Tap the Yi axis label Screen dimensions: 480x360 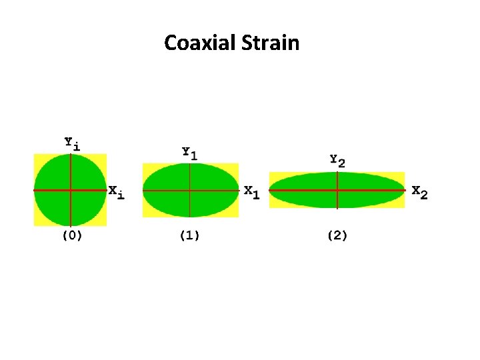71,143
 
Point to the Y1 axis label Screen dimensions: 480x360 190,153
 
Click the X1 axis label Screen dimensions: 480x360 252,191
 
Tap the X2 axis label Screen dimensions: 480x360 419,192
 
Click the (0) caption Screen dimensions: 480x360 72,235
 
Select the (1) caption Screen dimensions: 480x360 190,235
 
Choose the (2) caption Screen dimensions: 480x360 337,235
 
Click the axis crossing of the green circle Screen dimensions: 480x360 70,190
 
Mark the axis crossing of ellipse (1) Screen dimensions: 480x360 191,190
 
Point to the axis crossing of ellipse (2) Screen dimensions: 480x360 337,190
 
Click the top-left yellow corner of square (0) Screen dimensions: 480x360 37,157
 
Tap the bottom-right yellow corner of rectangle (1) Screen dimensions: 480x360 236,215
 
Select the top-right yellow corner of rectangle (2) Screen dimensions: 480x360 402,175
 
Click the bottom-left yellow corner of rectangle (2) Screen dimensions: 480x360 272,205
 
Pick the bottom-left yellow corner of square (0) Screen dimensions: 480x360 37,223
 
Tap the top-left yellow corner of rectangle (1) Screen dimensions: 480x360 145,165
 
